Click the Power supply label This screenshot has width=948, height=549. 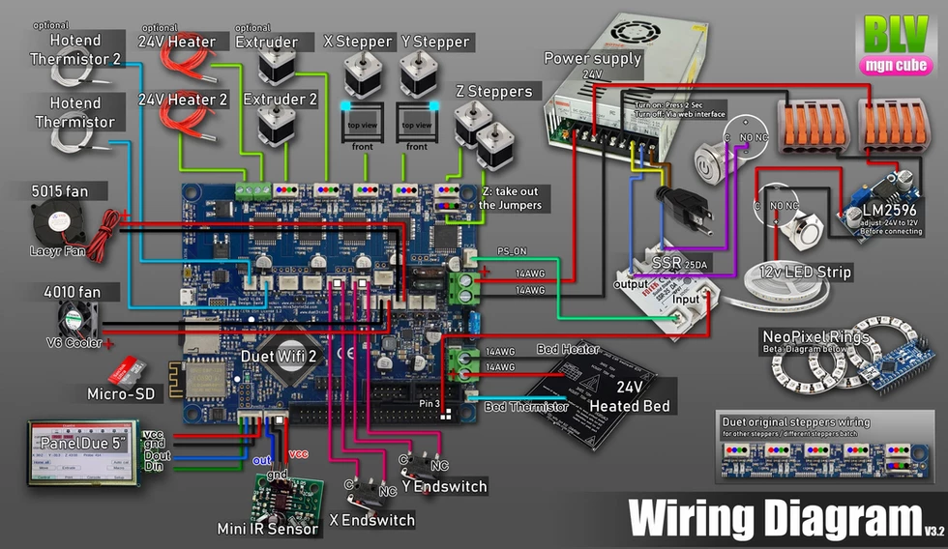pyautogui.click(x=593, y=58)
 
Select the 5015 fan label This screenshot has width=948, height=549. pyautogui.click(x=71, y=191)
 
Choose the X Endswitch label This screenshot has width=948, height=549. pyautogui.click(x=371, y=520)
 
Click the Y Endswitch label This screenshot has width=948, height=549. pyautogui.click(x=443, y=486)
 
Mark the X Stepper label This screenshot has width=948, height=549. pyautogui.click(x=358, y=42)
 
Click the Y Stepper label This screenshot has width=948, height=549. pyautogui.click(x=434, y=42)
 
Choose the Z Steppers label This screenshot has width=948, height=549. pyautogui.click(x=493, y=92)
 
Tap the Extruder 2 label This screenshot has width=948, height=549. pyautogui.click(x=280, y=100)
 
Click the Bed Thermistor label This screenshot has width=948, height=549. pyautogui.click(x=526, y=407)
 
